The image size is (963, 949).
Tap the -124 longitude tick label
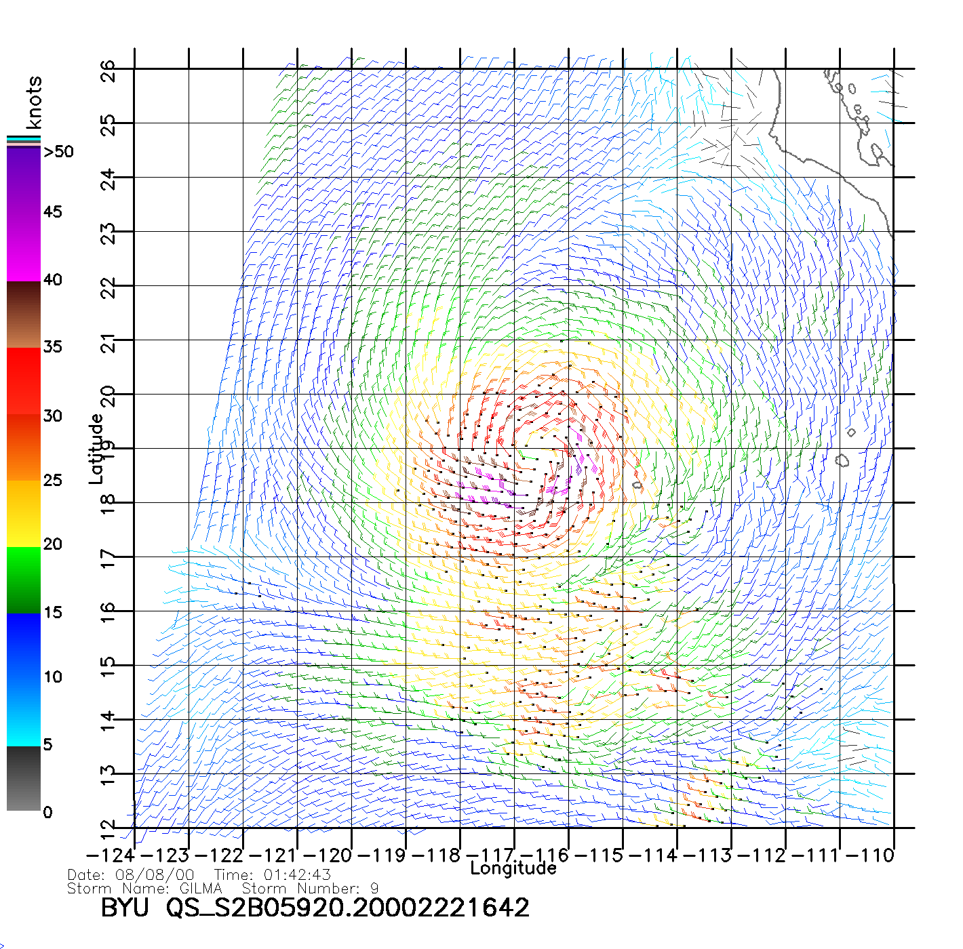[x=111, y=855]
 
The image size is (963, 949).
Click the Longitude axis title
[x=513, y=868]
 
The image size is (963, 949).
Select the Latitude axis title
[x=96, y=448]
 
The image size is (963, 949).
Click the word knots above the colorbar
[x=34, y=102]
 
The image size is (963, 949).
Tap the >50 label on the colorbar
[x=58, y=152]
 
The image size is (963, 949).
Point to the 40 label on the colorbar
[x=52, y=279]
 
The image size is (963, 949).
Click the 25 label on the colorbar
[x=52, y=480]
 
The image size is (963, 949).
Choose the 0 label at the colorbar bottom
[x=47, y=812]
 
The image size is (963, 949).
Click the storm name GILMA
[x=201, y=888]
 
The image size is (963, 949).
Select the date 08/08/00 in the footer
[x=155, y=874]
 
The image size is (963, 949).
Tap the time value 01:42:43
[x=297, y=874]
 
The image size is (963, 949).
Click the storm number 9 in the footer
[x=374, y=888]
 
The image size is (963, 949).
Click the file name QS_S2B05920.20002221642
[x=347, y=907]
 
